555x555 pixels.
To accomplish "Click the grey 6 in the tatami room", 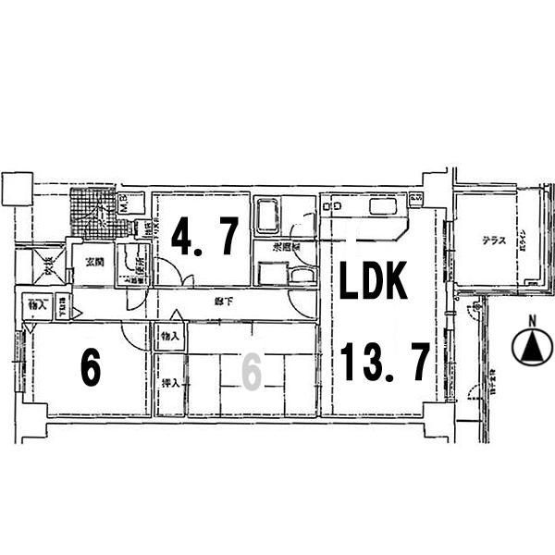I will (251, 372).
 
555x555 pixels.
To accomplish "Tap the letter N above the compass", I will (531, 321).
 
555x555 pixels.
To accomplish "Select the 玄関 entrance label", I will (93, 261).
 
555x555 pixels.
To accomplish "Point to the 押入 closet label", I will (169, 382).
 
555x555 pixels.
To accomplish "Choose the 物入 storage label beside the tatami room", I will (169, 336).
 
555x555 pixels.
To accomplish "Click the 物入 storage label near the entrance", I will (37, 303).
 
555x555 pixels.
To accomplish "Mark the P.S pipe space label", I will (415, 198).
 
